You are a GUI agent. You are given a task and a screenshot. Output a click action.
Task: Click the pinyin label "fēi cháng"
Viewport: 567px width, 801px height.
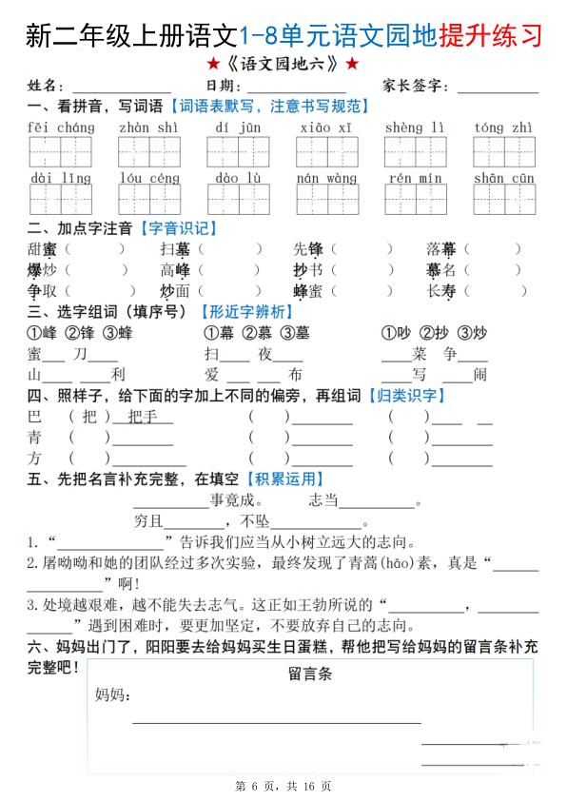[62, 127]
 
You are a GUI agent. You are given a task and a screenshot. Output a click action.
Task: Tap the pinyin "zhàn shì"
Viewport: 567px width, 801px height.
[148, 127]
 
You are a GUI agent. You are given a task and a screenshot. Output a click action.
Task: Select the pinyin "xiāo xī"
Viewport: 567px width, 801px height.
[325, 127]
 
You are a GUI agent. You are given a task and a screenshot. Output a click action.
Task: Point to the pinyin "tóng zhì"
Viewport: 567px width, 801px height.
[503, 127]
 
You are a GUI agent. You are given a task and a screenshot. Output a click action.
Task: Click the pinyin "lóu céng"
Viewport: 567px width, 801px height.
[149, 178]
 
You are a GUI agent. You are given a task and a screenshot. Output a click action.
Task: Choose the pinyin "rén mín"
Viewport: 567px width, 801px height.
[415, 178]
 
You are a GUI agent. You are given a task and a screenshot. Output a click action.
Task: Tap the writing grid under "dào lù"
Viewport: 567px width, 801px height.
[238, 199]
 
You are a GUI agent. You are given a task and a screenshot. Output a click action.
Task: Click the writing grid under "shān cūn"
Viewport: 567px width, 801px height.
[503, 199]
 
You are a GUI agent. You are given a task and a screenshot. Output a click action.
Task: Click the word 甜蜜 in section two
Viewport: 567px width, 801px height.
[43, 249]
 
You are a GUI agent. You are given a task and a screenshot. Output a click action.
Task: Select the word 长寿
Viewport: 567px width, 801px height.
[441, 292]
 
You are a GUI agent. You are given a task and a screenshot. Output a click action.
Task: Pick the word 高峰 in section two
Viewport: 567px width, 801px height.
[175, 270]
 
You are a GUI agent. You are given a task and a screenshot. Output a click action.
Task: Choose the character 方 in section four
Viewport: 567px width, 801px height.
[35, 458]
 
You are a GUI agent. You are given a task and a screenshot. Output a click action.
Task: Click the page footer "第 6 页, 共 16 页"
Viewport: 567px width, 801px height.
[283, 786]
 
